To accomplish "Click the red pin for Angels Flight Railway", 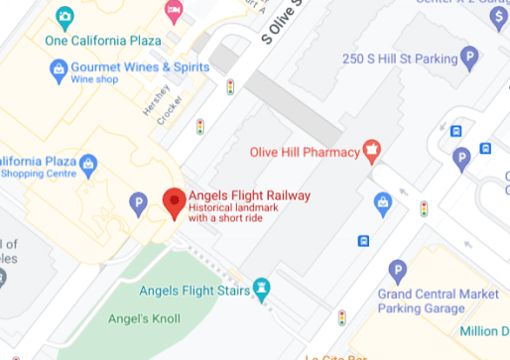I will pyautogui.click(x=175, y=201).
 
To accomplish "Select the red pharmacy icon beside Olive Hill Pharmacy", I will pyautogui.click(x=372, y=152).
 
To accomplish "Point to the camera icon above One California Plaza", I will pyautogui.click(x=64, y=17).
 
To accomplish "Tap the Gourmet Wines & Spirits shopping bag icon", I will pyautogui.click(x=58, y=69).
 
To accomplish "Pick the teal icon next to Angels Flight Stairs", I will pyautogui.click(x=261, y=289).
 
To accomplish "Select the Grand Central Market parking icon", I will pyautogui.click(x=398, y=270).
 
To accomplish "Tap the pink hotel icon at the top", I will pyautogui.click(x=175, y=11).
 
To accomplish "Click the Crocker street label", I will pyautogui.click(x=169, y=110).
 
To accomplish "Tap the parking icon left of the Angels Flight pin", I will pyautogui.click(x=139, y=205).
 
